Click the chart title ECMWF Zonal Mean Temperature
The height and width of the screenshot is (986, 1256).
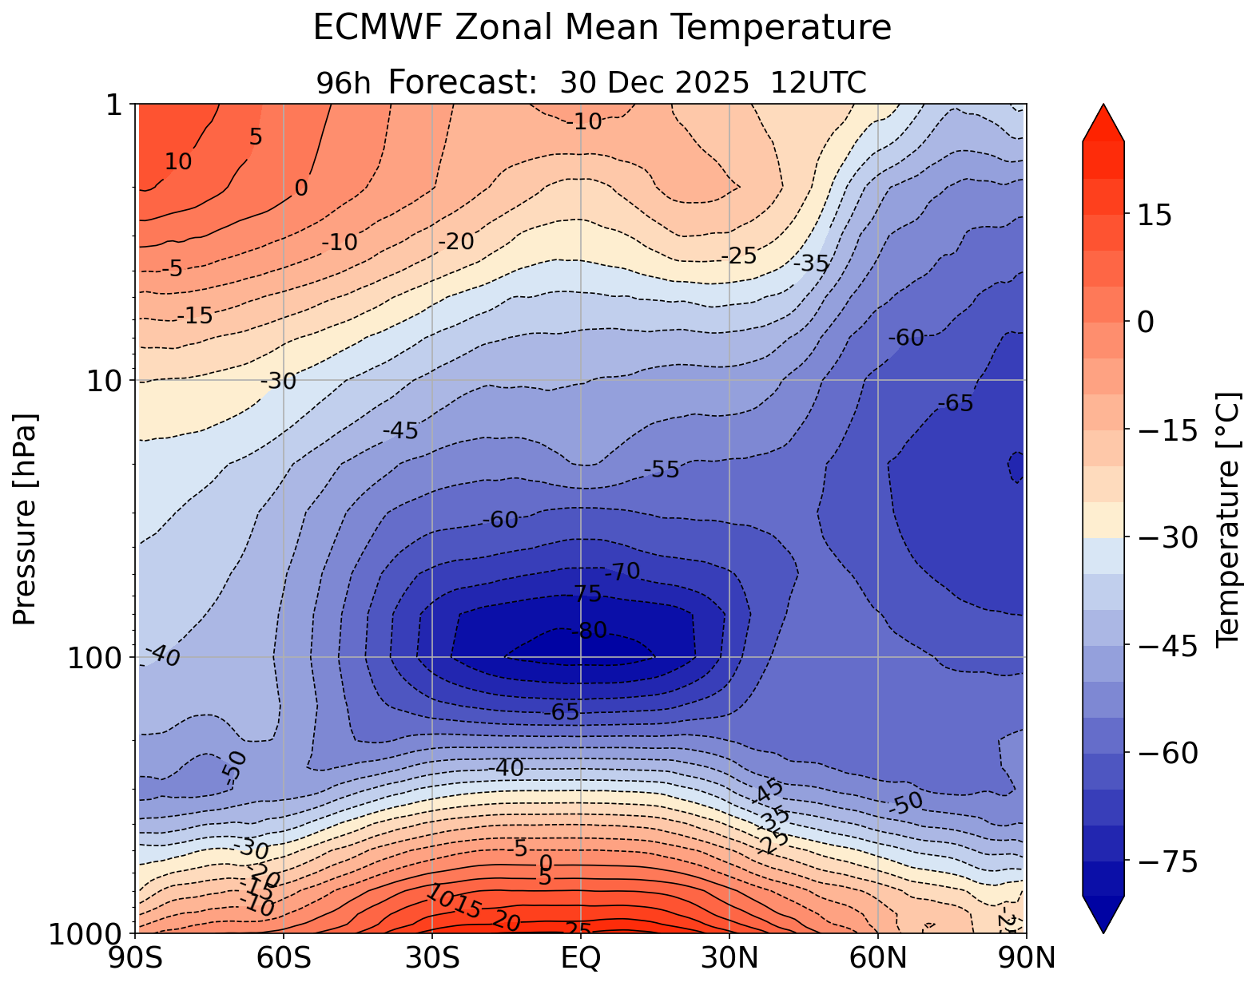[602, 29]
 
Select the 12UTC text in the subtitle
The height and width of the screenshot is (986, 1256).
[818, 82]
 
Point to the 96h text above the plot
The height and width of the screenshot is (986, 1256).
[343, 83]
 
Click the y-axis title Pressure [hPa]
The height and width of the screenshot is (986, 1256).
[26, 519]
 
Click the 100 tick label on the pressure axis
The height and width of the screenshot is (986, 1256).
[97, 658]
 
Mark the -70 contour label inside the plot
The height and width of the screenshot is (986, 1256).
[622, 572]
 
